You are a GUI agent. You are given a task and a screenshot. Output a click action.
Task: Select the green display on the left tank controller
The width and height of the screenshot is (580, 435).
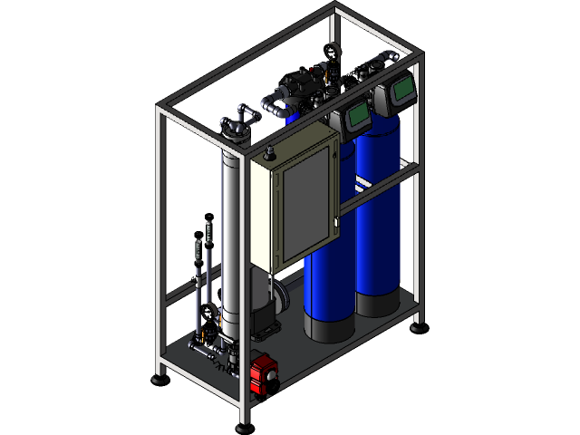pyautogui.click(x=356, y=115)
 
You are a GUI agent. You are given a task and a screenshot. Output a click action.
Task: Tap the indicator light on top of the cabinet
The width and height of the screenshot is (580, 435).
pyautogui.click(x=269, y=146)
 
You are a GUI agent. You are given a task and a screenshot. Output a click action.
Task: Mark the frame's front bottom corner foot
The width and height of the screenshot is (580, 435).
pyautogui.click(x=243, y=427)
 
